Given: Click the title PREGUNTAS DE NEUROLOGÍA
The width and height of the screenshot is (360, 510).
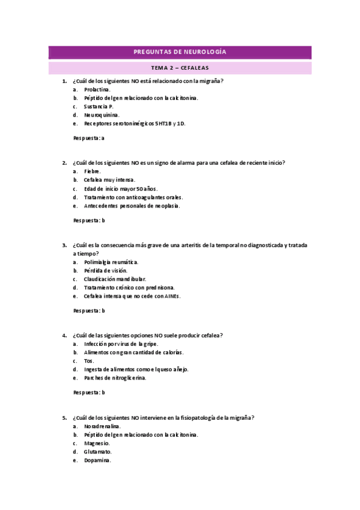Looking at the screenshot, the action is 180,53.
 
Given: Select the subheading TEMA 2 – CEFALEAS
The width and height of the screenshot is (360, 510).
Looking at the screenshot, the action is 180,69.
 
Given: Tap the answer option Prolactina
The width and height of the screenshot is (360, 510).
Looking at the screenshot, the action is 97,90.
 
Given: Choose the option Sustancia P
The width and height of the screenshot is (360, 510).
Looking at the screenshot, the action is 99,106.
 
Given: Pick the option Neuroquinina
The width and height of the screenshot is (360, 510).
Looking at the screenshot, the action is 102,115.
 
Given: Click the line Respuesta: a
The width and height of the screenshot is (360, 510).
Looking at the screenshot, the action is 89,138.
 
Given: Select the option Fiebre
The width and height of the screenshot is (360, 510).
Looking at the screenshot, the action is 93,171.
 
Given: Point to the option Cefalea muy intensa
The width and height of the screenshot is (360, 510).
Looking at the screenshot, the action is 109,180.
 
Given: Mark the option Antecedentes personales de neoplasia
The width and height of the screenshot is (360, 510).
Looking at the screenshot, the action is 132,206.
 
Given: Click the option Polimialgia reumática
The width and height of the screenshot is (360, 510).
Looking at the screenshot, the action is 111,262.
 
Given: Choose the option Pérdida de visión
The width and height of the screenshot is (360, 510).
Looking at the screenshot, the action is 106,271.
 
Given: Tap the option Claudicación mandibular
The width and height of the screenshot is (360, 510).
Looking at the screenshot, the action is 115,279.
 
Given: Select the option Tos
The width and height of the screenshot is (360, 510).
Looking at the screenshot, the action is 89,361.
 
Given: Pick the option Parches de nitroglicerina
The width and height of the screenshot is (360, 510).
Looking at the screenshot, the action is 115,378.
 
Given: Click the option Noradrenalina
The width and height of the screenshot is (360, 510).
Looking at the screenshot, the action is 101,426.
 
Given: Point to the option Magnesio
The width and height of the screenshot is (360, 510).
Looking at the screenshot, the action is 97,443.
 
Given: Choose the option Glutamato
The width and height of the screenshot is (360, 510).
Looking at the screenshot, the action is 98,451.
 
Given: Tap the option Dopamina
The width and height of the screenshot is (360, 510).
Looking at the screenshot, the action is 97,460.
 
